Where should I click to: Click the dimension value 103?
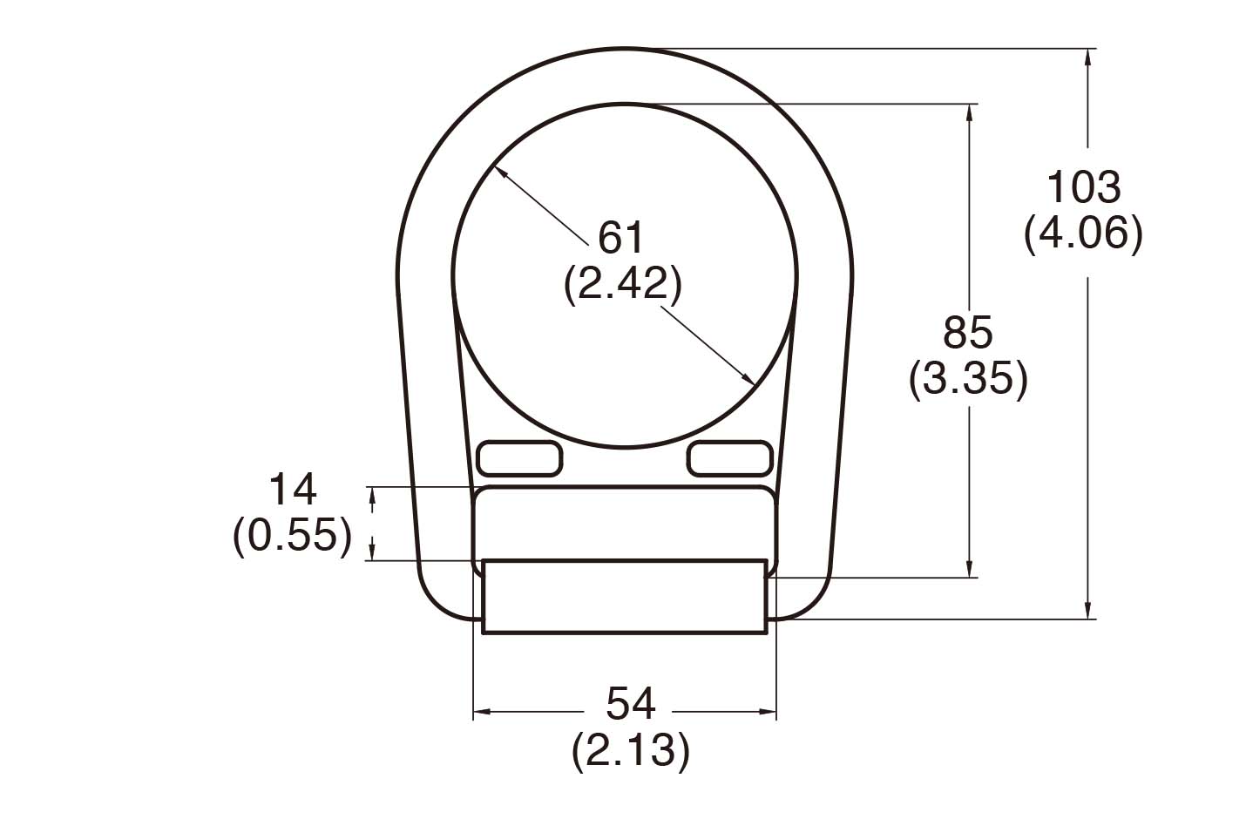tap(1083, 187)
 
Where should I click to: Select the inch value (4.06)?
tap(1083, 233)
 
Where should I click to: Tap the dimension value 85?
tap(967, 333)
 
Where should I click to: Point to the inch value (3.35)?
tap(967, 379)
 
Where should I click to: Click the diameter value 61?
tap(621, 237)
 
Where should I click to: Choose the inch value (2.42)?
tap(621, 283)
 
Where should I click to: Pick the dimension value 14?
tap(292, 490)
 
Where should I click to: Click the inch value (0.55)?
tap(292, 534)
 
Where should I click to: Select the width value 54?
tap(630, 704)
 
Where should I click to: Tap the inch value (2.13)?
tap(630, 749)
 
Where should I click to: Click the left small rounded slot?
tap(519, 458)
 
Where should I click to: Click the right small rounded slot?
tap(730, 458)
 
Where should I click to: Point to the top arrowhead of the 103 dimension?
tap(1087, 56)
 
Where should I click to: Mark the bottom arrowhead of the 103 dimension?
tap(1087, 612)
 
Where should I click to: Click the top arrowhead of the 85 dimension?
tap(969, 112)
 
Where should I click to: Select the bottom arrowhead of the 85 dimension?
tap(969, 570)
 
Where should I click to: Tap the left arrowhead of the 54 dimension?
tap(480, 713)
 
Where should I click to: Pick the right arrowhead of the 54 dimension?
tap(769, 713)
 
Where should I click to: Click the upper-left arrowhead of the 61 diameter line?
tap(499, 172)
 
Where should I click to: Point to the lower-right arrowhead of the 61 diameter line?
tap(748, 380)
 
